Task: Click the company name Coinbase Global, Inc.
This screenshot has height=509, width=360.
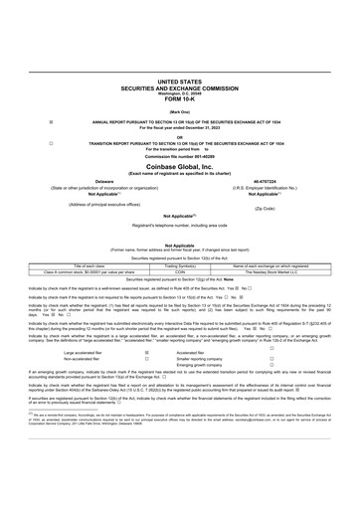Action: pos(179,168)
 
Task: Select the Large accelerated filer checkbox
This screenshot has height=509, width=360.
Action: pos(146,352)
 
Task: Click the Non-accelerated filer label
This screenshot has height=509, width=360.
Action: pos(82,359)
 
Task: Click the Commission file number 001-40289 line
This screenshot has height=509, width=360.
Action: pos(179,157)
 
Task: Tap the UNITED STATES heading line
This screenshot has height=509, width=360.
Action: pos(179,82)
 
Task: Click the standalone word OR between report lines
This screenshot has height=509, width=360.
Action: pos(179,137)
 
